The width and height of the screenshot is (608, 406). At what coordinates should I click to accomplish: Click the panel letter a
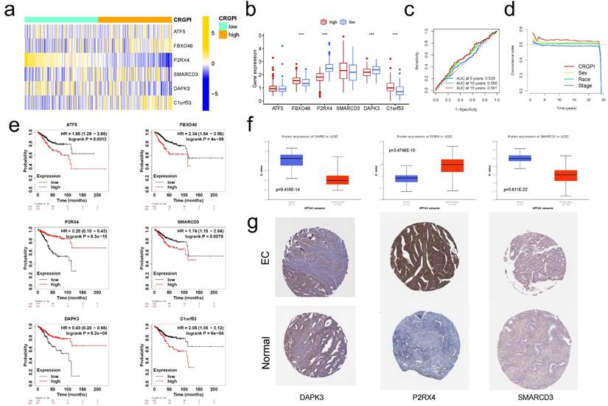pyautogui.click(x=9, y=10)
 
